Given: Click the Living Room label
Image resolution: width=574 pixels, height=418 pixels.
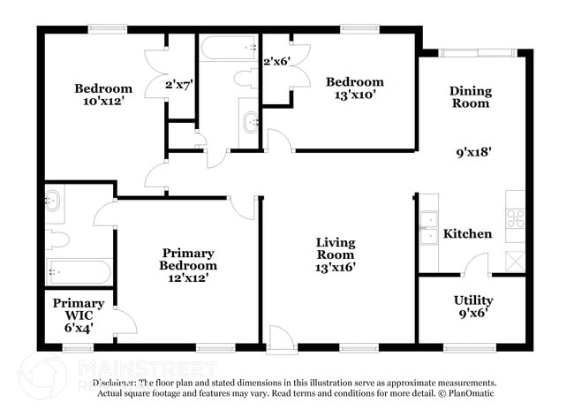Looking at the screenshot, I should pyautogui.click(x=336, y=248).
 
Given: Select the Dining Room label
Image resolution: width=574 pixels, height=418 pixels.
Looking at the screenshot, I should pyautogui.click(x=469, y=96).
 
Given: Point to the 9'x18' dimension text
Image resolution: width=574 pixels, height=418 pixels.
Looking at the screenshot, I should pyautogui.click(x=473, y=151).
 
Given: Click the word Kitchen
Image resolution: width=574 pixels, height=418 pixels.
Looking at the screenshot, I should pyautogui.click(x=467, y=234).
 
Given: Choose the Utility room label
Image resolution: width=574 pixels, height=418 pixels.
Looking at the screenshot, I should pyautogui.click(x=473, y=300).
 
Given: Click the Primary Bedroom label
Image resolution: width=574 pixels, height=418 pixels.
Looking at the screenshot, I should pyautogui.click(x=187, y=259).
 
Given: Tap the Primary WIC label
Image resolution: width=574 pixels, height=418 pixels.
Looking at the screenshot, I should pyautogui.click(x=79, y=309).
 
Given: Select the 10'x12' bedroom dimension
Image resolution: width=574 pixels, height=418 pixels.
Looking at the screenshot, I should pyautogui.click(x=103, y=101).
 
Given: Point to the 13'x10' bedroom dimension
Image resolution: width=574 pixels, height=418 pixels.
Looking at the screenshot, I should pyautogui.click(x=355, y=95).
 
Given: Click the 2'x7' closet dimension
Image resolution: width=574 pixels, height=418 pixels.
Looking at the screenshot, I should pyautogui.click(x=179, y=86).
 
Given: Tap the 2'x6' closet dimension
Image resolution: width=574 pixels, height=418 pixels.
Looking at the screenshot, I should pyautogui.click(x=276, y=61).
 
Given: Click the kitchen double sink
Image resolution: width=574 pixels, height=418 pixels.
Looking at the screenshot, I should pyautogui.click(x=429, y=227).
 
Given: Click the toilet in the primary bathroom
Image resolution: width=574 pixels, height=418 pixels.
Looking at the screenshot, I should pyautogui.click(x=58, y=239).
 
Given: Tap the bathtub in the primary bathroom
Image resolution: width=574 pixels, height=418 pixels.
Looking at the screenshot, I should pyautogui.click(x=79, y=271).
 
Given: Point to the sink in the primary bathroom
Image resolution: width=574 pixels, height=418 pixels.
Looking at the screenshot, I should pyautogui.click(x=53, y=200).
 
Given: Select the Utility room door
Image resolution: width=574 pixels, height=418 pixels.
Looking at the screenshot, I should pyautogui.click(x=476, y=265).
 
